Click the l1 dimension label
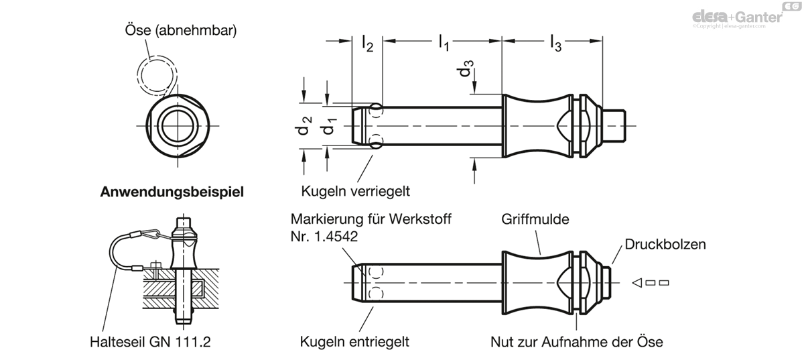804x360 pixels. (444, 43)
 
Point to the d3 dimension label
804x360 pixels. (465, 68)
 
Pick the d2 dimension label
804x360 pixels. (304, 126)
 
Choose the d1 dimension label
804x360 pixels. (329, 126)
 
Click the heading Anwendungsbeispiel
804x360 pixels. (172, 192)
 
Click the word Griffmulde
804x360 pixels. (535, 219)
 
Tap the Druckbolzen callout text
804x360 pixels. (665, 244)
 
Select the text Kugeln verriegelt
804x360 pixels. (355, 191)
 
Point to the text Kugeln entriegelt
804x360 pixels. (354, 342)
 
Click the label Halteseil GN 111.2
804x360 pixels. (150, 342)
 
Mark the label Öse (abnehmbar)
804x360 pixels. (181, 30)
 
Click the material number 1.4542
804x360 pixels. (336, 237)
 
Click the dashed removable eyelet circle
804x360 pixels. (137, 76)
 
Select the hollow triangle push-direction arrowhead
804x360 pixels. (637, 283)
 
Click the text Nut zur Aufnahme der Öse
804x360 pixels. (577, 342)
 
